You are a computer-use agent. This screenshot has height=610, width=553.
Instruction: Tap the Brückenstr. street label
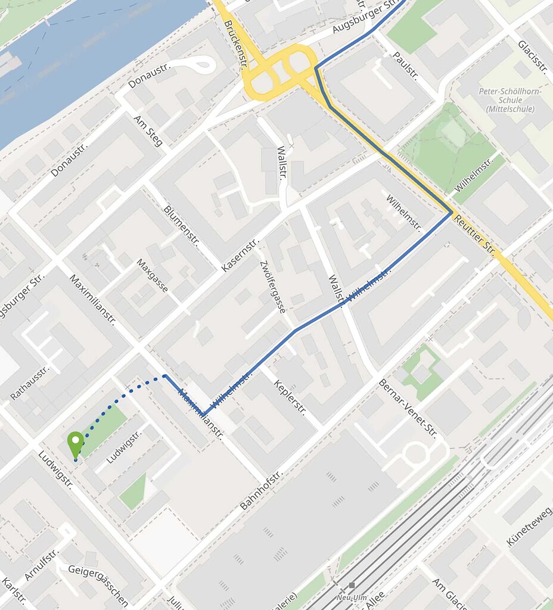coord(236,42)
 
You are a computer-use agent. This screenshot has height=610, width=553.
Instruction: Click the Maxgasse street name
coord(153,275)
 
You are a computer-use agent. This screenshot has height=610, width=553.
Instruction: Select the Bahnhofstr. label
coord(260,490)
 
